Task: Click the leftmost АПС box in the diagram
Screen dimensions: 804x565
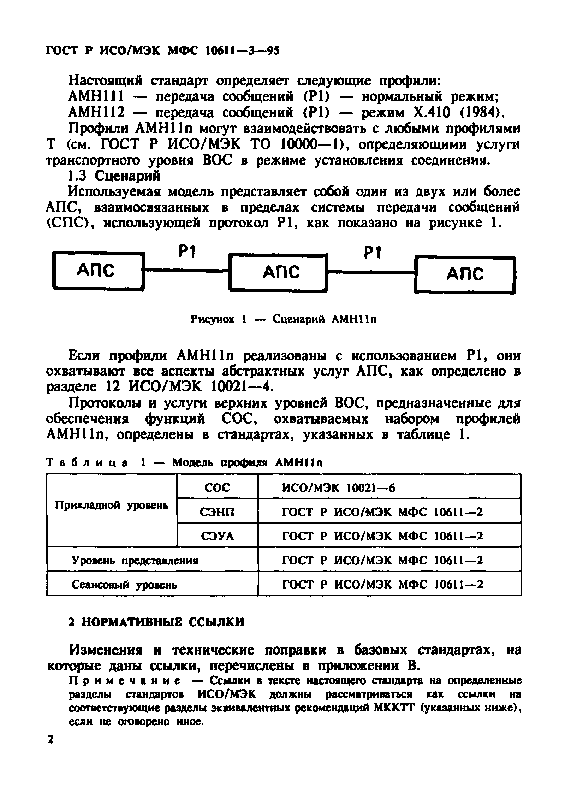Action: tap(98, 271)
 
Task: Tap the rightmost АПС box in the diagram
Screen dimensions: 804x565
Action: tap(465, 275)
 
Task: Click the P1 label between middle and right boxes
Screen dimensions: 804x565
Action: tap(371, 253)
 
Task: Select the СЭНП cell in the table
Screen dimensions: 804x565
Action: tap(217, 512)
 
